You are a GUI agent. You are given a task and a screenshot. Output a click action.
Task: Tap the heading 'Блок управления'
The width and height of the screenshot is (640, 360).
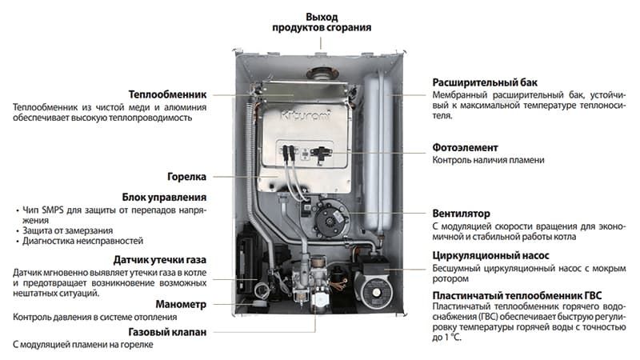coord(165,197)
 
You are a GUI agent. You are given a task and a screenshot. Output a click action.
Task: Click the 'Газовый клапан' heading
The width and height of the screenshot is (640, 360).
coord(168,330)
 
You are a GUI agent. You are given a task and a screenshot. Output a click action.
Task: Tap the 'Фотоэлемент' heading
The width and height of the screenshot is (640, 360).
coord(466,147)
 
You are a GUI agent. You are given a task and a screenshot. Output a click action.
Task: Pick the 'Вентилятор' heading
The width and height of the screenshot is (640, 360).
coord(461,214)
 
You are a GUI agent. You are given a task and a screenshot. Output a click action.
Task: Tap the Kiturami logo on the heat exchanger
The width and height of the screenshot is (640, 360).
coord(303,117)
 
